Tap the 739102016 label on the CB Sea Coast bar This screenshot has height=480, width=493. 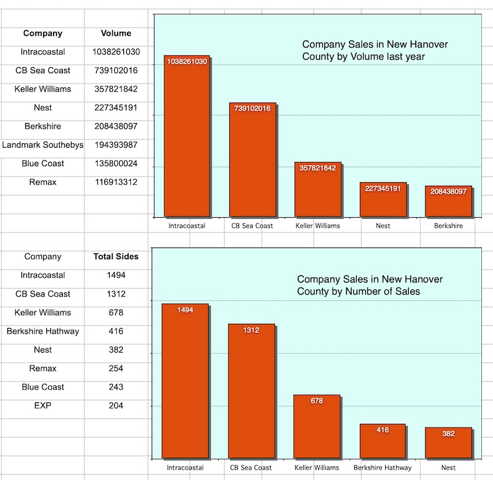pyautogui.click(x=252, y=109)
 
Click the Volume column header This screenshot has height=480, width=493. pyautogui.click(x=116, y=33)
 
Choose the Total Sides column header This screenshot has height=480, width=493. pyautogui.click(x=116, y=257)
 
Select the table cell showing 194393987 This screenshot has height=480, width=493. pyautogui.click(x=116, y=145)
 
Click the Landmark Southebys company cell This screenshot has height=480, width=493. pyautogui.click(x=43, y=145)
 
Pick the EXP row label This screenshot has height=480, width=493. pyautogui.click(x=43, y=406)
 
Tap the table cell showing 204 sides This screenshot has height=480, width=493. pyautogui.click(x=116, y=406)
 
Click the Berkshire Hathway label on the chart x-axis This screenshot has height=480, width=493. pyautogui.click(x=383, y=468)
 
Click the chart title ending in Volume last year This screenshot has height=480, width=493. pyautogui.click(x=375, y=50)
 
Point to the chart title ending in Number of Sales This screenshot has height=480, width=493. pyautogui.click(x=370, y=285)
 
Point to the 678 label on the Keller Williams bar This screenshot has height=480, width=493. pyautogui.click(x=317, y=401)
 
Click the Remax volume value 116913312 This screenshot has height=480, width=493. pyautogui.click(x=116, y=182)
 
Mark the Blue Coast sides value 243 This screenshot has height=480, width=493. pyautogui.click(x=116, y=387)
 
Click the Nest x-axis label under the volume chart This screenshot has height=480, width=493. pyautogui.click(x=383, y=226)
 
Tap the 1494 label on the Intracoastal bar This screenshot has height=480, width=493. pyautogui.click(x=185, y=310)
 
